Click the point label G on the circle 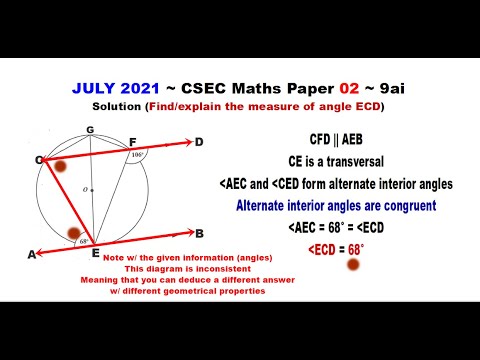pyautogui.click(x=90, y=130)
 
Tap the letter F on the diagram pyautogui.click(x=133, y=143)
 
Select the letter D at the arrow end pyautogui.click(x=199, y=141)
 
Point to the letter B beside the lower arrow pyautogui.click(x=200, y=233)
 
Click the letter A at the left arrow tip pyautogui.click(x=32, y=255)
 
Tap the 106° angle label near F pyautogui.click(x=137, y=155)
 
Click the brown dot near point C pyautogui.click(x=60, y=165)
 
